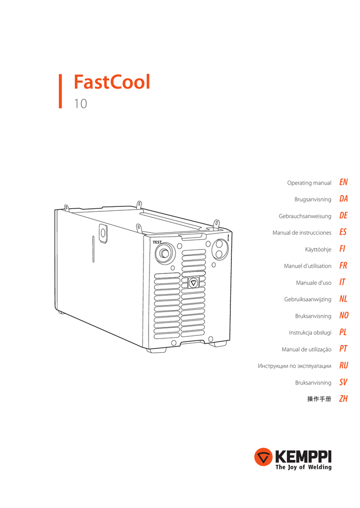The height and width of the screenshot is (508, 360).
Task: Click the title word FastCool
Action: pyautogui.click(x=112, y=82)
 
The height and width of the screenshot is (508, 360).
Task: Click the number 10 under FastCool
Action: pyautogui.click(x=80, y=104)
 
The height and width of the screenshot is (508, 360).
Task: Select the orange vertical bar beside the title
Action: pyautogui.click(x=60, y=91)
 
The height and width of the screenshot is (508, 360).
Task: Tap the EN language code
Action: pyautogui.click(x=343, y=183)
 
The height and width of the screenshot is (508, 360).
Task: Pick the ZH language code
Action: pyautogui.click(x=343, y=398)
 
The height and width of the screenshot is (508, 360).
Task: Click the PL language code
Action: pyautogui.click(x=343, y=332)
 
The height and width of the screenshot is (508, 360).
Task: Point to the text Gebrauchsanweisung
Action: pyautogui.click(x=305, y=216)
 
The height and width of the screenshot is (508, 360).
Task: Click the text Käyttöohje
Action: pyautogui.click(x=318, y=250)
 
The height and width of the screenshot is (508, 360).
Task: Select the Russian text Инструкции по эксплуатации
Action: pyautogui.click(x=294, y=366)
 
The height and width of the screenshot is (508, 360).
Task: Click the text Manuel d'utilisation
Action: pyautogui.click(x=307, y=266)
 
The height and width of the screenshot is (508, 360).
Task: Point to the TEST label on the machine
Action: pyautogui.click(x=157, y=242)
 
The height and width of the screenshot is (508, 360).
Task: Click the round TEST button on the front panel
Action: pyautogui.click(x=164, y=253)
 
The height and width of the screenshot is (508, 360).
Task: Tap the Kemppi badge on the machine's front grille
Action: pyautogui.click(x=194, y=283)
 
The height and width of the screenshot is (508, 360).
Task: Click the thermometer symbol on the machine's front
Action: pyautogui.click(x=226, y=238)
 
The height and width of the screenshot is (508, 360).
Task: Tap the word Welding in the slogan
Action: pyautogui.click(x=318, y=467)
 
